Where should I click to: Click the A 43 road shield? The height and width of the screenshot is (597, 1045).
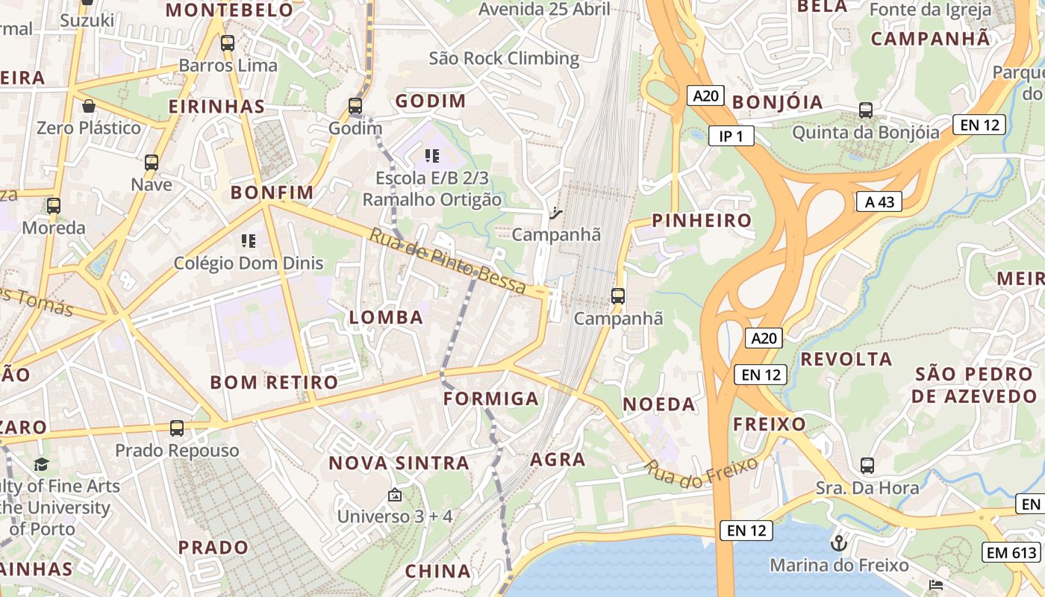click(879, 201)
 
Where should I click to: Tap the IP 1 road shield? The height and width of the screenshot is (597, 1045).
click(731, 136)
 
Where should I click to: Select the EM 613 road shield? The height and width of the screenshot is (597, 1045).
click(1011, 552)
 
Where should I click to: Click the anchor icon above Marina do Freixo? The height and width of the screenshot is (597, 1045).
click(839, 543)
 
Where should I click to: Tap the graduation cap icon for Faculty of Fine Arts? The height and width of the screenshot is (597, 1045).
click(41, 464)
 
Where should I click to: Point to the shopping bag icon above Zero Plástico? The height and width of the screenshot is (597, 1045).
click(89, 106)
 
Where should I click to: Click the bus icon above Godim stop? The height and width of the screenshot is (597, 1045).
click(355, 106)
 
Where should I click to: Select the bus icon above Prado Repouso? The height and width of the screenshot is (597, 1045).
click(177, 428)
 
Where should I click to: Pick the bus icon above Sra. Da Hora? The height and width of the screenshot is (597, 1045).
click(867, 466)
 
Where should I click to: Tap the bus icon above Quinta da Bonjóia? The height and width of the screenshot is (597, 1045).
click(866, 110)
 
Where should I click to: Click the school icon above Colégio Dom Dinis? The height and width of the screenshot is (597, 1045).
click(249, 241)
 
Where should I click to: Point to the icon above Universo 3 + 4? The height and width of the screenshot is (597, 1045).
click(394, 494)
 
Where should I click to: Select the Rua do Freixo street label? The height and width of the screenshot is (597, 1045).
click(702, 475)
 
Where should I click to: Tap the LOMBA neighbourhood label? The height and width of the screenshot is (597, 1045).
click(386, 317)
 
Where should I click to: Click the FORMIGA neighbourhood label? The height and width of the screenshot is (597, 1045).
click(490, 398)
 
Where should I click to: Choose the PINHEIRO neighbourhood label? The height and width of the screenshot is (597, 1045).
click(702, 220)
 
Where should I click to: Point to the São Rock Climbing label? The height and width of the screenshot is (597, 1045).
click(504, 58)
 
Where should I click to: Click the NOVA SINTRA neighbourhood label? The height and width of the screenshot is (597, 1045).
click(399, 463)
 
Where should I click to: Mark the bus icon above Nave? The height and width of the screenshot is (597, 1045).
click(152, 162)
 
